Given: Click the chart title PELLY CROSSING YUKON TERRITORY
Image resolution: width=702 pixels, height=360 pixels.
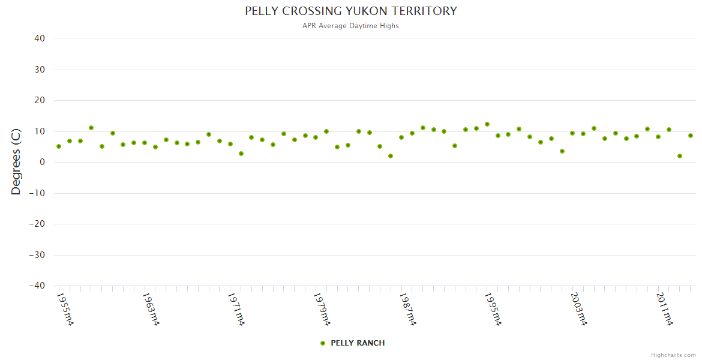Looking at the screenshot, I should tap(351, 11).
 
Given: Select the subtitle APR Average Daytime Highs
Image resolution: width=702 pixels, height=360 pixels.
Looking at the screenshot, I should tap(351, 26).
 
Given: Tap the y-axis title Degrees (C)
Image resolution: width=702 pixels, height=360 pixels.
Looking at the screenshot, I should tap(16, 161).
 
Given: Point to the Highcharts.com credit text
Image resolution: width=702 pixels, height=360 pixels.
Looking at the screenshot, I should tap(673, 355).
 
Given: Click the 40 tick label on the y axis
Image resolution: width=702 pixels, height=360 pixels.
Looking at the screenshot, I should tap(40, 38).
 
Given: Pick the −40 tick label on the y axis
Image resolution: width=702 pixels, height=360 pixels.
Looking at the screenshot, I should tap(37, 286).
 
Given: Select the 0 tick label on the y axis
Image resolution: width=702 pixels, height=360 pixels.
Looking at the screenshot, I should tap(42, 162).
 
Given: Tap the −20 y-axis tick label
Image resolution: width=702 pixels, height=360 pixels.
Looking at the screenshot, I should tap(37, 224).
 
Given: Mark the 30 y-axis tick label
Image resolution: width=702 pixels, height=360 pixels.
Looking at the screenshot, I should tap(40, 70).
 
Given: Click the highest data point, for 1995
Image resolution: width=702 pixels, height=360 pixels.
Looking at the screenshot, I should tap(487, 124).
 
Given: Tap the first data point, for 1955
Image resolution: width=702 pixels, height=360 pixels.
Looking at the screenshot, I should tap(59, 146).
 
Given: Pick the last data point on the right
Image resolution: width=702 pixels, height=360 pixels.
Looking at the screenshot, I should tap(691, 136).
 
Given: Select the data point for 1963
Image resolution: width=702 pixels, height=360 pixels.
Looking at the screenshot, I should tap(145, 143).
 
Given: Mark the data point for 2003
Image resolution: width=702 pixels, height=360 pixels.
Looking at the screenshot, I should tap(572, 133).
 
